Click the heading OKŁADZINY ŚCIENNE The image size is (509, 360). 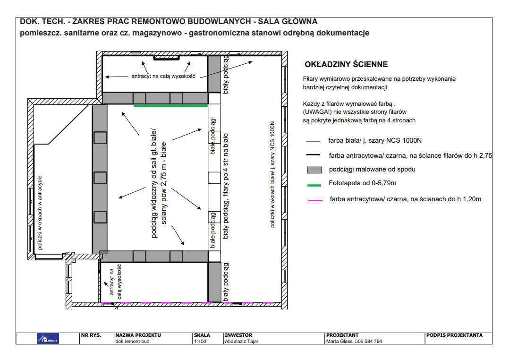point(346,64)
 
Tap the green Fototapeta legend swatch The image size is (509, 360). point(314,185)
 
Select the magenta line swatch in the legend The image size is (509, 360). point(315,200)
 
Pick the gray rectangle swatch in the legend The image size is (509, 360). point(314,170)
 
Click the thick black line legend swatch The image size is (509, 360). point(313,154)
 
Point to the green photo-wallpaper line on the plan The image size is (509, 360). point(171,106)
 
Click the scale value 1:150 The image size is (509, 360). point(200,341)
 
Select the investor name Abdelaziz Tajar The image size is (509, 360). point(242,341)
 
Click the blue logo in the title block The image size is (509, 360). point(48,339)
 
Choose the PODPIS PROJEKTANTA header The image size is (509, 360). point(454,335)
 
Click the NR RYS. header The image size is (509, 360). point(91,335)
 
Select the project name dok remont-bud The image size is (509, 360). point(132,341)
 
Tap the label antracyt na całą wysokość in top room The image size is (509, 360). point(163,76)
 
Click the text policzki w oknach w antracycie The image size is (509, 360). point(40,213)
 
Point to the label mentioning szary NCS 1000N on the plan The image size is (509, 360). point(272,174)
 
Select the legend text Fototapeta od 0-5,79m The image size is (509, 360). point(362,183)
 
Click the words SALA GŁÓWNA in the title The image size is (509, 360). point(288,21)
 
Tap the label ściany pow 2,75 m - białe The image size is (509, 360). point(164,183)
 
